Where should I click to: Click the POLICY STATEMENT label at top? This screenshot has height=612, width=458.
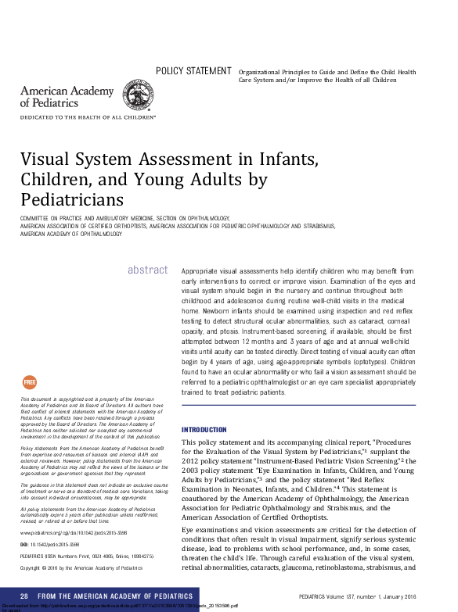(x=193, y=71)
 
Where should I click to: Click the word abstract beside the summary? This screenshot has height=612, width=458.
(x=147, y=270)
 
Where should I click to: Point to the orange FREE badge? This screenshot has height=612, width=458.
(x=30, y=382)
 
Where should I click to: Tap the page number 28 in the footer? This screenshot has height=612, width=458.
(x=25, y=596)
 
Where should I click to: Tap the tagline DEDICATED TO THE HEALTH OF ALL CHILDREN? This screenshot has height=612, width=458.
(x=88, y=118)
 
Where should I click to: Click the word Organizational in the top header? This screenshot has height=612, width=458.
(x=262, y=72)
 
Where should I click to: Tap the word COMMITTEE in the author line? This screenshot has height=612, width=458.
(x=36, y=217)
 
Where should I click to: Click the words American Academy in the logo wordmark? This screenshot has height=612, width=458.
(x=56, y=91)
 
